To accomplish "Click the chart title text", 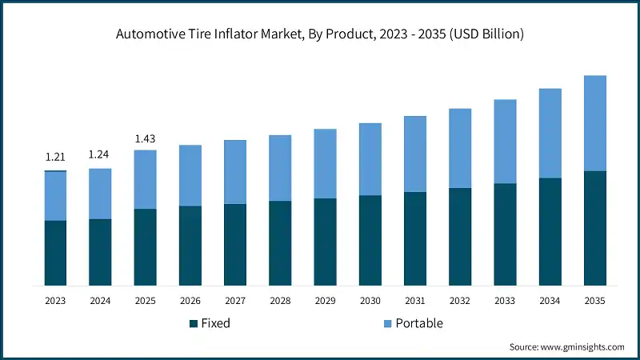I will (319, 34).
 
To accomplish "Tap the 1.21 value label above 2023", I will (55, 157).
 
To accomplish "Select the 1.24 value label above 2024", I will (100, 154).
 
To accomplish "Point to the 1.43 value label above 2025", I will (145, 138).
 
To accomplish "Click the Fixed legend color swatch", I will (193, 323).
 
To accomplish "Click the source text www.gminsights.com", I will (566, 346).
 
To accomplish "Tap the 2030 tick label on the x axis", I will (370, 301).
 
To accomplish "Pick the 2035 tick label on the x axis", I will (594, 301).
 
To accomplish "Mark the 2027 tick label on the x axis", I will (235, 301).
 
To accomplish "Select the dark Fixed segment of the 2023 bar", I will (55, 253).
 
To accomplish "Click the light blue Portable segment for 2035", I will (594, 123).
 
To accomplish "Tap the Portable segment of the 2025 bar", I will (145, 179).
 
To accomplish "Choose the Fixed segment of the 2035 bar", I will (594, 228).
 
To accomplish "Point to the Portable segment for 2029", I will (325, 163).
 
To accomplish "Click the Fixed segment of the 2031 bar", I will (414, 238).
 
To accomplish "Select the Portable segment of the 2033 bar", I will (505, 142).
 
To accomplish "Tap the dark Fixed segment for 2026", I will (190, 246).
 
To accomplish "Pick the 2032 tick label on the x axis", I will (460, 301).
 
